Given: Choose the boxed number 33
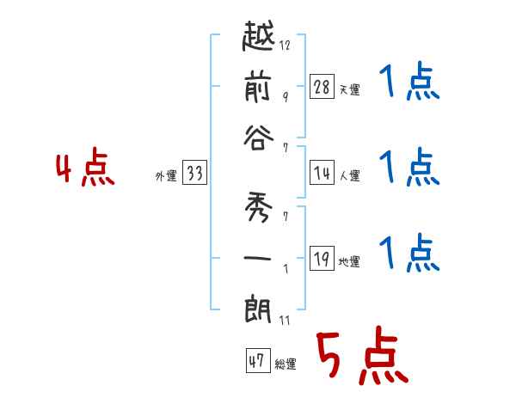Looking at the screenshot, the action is click(x=194, y=173).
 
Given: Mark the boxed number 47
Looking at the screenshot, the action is click(x=256, y=361).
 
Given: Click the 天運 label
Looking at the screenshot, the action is click(x=349, y=89).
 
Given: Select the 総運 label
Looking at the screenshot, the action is click(x=285, y=364).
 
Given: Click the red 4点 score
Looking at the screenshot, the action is click(x=85, y=169).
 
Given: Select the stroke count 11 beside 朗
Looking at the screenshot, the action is click(x=284, y=320).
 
